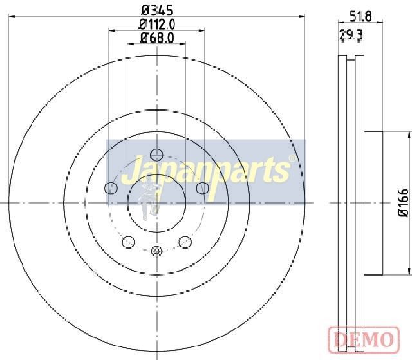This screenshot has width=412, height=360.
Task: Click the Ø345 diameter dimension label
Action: (157, 10)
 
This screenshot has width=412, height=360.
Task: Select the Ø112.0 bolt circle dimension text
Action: (157, 24)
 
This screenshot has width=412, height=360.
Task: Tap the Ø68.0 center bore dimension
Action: (157, 38)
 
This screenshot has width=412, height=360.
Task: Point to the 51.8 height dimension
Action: (360, 17)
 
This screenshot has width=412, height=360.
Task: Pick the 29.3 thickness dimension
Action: (351, 35)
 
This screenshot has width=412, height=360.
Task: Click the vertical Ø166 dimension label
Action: (404, 202)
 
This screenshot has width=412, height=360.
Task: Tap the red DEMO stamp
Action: (364, 339)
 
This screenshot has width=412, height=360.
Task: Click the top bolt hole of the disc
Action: (157, 155)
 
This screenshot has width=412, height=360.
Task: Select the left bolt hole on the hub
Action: (111, 188)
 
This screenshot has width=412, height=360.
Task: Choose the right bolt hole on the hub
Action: (203, 188)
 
